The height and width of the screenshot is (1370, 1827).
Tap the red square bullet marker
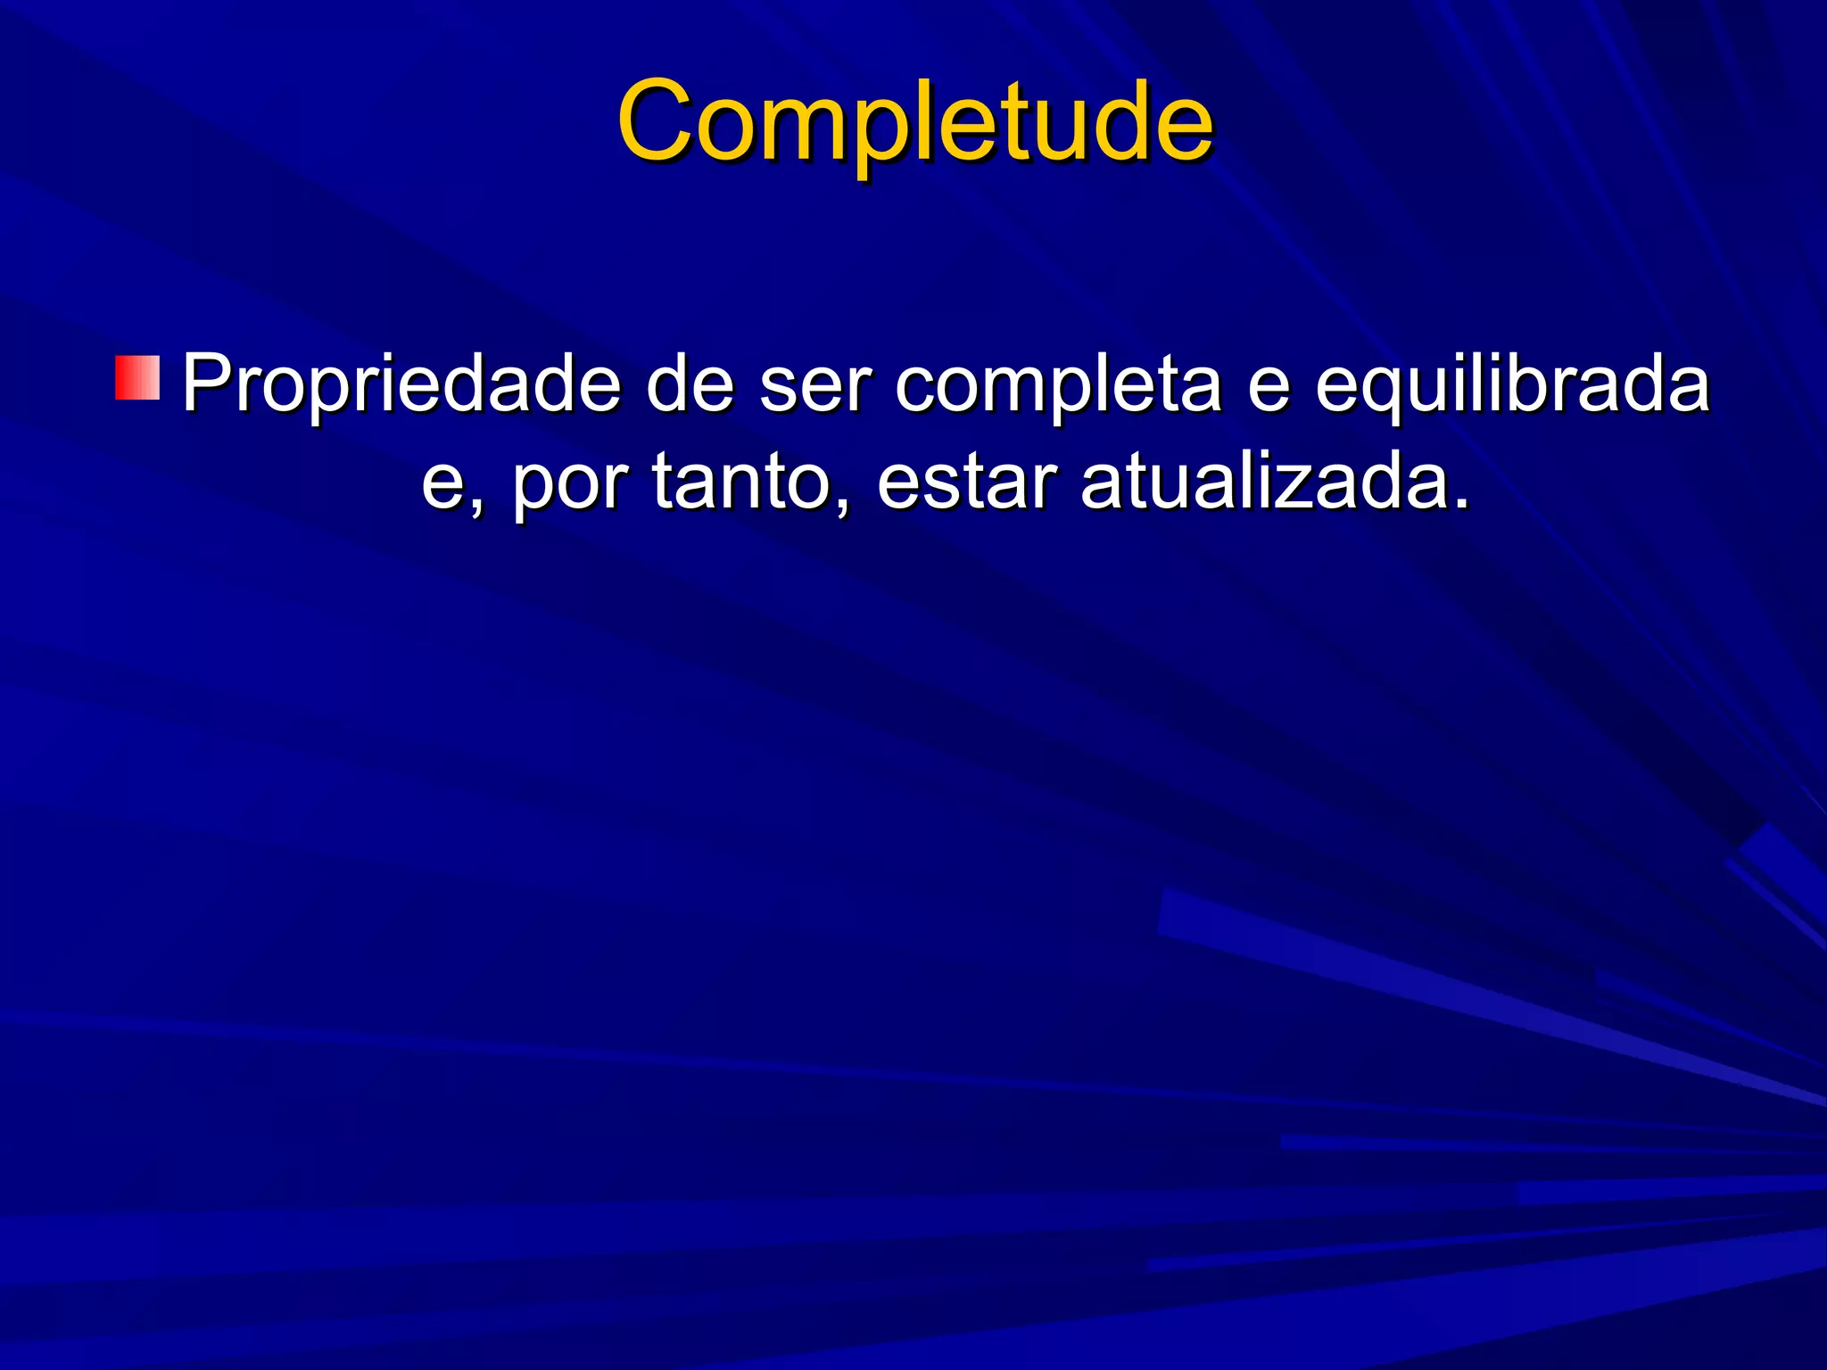click(137, 378)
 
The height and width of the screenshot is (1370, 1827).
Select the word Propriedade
click(401, 385)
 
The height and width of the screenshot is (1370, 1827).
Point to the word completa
click(1058, 385)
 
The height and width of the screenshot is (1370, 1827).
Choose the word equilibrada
click(1512, 385)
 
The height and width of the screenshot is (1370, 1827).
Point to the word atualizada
click(1261, 482)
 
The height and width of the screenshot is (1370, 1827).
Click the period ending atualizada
click(1460, 505)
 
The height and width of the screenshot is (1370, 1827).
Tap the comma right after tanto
click(842, 508)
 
